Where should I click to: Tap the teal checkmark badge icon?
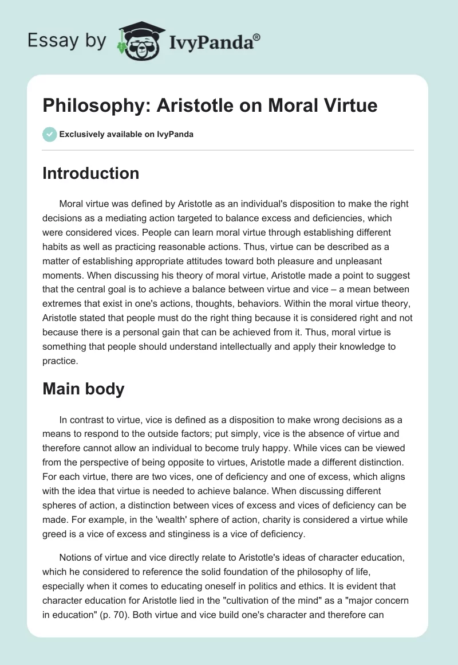click(x=49, y=134)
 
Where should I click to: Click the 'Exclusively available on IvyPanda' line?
click(x=127, y=134)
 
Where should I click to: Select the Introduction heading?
click(x=90, y=173)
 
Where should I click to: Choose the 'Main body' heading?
click(x=83, y=389)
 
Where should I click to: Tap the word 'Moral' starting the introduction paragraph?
click(x=70, y=204)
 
